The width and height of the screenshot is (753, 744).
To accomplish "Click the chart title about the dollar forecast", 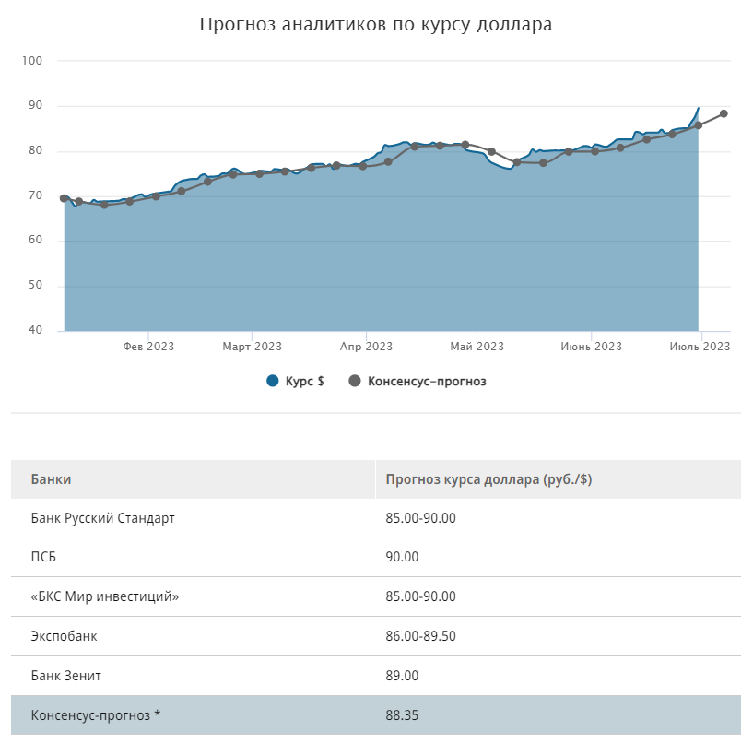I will click(x=376, y=25).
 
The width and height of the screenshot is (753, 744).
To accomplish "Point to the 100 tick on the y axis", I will click(x=36, y=61).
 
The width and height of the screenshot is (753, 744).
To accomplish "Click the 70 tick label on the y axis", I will click(x=36, y=195).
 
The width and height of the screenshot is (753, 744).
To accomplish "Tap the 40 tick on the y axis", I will click(x=36, y=330).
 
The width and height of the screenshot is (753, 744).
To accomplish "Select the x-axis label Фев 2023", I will click(x=148, y=347).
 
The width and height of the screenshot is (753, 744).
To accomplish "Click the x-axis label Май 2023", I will click(x=477, y=347).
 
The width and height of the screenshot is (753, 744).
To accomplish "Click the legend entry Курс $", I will click(x=296, y=381).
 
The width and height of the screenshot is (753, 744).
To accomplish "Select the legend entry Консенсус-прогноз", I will click(x=417, y=381).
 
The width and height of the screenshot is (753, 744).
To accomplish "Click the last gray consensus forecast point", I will click(x=724, y=113).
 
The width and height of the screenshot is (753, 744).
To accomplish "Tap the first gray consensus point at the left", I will click(x=64, y=198).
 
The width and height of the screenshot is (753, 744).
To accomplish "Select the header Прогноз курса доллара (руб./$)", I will click(x=488, y=479).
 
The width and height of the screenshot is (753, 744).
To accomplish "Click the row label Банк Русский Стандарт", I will click(x=102, y=518).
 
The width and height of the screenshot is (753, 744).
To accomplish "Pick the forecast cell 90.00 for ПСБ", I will click(x=402, y=557).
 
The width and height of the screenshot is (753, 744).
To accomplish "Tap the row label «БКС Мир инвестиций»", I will click(x=104, y=596).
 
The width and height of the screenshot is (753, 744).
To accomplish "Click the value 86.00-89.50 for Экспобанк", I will click(x=420, y=636).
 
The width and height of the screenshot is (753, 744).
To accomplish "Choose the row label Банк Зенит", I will click(x=65, y=676).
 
